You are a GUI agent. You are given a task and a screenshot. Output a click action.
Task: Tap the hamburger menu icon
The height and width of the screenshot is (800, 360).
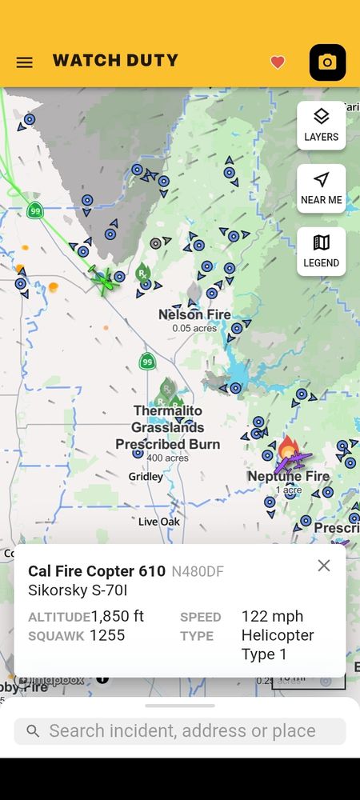click(25, 62)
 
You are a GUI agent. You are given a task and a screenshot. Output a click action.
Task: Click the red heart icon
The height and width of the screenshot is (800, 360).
click(278, 62)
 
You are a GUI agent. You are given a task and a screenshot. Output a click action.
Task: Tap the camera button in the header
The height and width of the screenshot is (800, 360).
click(327, 62)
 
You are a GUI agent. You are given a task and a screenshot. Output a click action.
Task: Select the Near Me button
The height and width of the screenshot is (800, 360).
click(321, 188)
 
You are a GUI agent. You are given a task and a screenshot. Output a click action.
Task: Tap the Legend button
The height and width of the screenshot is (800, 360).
click(321, 250)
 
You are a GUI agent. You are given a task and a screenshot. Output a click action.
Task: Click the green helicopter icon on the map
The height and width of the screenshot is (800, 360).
click(102, 279)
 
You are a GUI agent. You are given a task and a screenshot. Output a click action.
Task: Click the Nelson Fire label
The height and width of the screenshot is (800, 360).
click(194, 314)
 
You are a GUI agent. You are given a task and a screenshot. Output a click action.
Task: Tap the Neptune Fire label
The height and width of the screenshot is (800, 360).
click(289, 477)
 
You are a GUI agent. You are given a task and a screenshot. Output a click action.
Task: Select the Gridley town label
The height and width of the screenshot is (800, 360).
click(146, 477)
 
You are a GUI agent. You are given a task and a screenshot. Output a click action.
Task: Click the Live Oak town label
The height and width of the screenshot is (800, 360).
click(158, 522)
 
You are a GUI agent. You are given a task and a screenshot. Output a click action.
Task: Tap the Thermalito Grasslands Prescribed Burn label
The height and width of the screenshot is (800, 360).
click(168, 427)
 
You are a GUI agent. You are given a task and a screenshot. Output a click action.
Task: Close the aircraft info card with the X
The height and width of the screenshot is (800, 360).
click(323, 566)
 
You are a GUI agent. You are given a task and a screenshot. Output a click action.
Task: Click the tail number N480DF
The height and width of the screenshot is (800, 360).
click(198, 572)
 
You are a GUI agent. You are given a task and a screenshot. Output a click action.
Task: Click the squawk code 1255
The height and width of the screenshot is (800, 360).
click(108, 635)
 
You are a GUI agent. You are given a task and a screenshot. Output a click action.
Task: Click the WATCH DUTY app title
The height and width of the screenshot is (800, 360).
click(115, 61)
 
